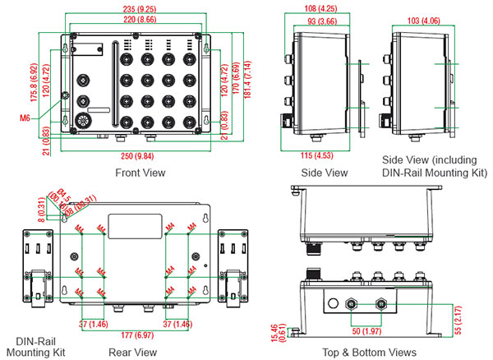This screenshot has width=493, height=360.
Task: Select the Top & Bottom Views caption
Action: click(x=371, y=353)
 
